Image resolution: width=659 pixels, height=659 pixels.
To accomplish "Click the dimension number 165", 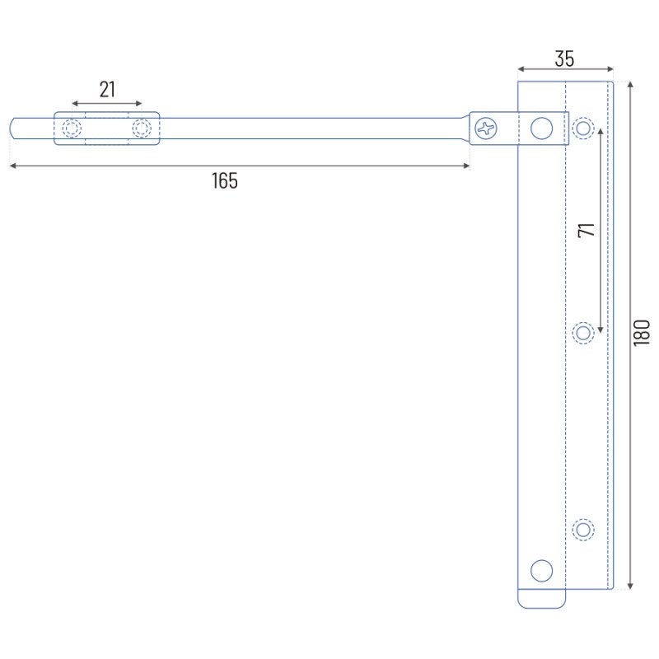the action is [x=225, y=180].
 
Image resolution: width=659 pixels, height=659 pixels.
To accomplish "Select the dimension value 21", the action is [x=107, y=90].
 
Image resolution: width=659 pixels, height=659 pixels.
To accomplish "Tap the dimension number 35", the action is [x=564, y=58].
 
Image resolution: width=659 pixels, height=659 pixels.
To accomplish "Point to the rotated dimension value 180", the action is [x=642, y=333].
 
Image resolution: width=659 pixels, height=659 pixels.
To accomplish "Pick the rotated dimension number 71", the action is [x=587, y=230].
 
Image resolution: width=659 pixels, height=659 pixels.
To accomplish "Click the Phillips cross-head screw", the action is [x=486, y=129].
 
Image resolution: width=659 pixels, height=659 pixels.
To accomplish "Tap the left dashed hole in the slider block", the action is [x=72, y=129].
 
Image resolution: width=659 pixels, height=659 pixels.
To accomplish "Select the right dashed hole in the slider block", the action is [x=142, y=129].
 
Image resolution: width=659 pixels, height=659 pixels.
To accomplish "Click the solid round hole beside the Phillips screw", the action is [x=541, y=129].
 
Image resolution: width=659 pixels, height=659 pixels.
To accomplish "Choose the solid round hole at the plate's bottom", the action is [x=541, y=571].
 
